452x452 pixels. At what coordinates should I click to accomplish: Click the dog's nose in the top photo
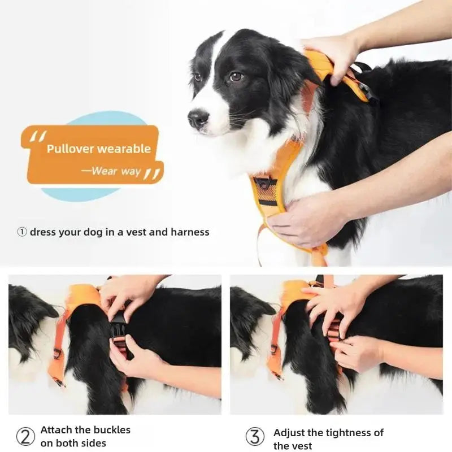198,118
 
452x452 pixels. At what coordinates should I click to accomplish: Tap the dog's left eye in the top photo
236,76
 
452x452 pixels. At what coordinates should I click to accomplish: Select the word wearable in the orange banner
124,149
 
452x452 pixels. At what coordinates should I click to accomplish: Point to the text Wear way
116,171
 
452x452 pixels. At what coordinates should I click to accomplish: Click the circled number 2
25,436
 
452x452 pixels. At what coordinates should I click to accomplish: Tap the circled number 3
255,436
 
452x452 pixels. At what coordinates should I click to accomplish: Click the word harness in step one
190,232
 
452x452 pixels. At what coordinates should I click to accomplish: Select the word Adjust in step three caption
291,433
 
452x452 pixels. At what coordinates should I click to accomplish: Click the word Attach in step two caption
56,430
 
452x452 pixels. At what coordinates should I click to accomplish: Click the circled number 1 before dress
21,232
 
